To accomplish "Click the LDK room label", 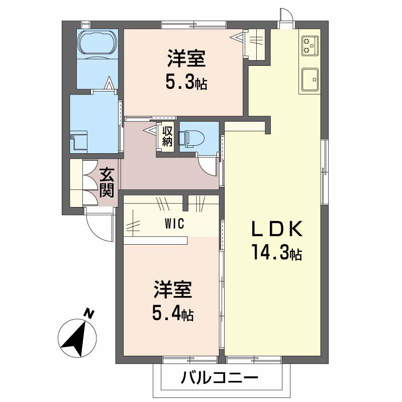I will (x=276, y=230).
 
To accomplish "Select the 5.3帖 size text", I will (x=186, y=82).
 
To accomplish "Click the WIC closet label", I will (x=172, y=224).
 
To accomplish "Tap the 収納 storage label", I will (x=167, y=136).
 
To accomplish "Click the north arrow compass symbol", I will (x=75, y=335).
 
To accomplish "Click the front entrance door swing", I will (x=98, y=224).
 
